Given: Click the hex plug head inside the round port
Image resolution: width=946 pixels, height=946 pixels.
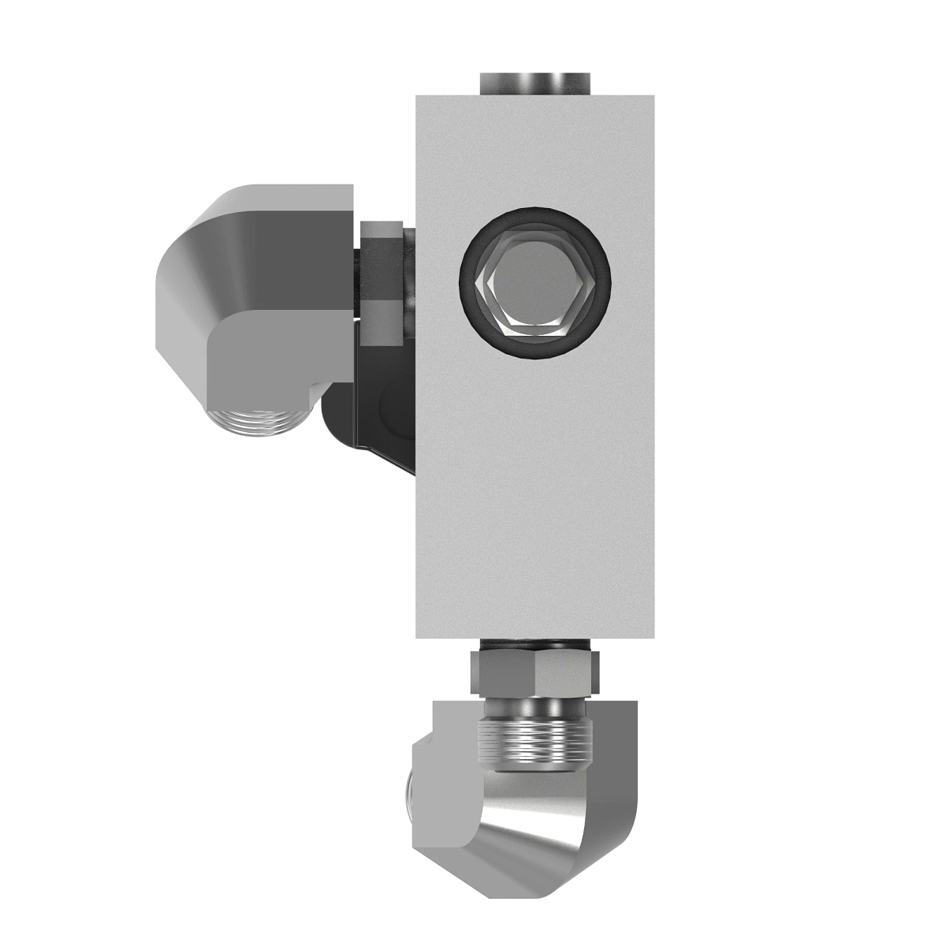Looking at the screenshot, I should pos(534,282).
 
